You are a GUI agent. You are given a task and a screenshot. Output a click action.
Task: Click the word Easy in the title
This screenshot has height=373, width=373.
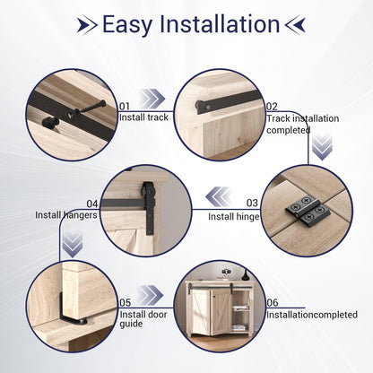click(x=132, y=24)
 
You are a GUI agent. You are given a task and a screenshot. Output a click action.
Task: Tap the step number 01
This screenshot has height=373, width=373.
click(x=125, y=105)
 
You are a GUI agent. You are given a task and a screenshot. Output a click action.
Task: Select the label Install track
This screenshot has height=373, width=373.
click(x=143, y=117)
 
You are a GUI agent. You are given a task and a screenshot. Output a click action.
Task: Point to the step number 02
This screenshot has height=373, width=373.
click(x=272, y=105)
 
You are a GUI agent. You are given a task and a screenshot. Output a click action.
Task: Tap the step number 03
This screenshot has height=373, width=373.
click(x=252, y=204)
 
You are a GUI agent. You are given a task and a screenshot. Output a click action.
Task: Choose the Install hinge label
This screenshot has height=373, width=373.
click(x=234, y=216)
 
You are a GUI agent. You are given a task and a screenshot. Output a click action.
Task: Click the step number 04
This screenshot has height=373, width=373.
click(x=92, y=204)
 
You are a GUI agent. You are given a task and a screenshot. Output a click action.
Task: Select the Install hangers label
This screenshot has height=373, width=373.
click(x=66, y=215)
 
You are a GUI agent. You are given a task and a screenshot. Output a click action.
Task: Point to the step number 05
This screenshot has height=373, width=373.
click(x=125, y=302)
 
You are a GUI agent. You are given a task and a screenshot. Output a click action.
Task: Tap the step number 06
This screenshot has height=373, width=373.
click(x=272, y=302)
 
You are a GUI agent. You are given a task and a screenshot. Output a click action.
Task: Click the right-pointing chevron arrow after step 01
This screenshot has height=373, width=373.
click(x=153, y=100)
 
